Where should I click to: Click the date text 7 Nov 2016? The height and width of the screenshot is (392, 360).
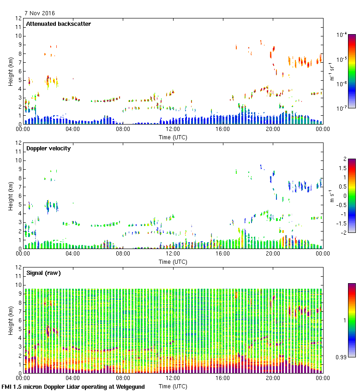pos(40,13)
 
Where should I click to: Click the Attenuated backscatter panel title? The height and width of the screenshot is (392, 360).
pos(58,24)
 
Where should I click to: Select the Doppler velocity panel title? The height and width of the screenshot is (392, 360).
pos(48,148)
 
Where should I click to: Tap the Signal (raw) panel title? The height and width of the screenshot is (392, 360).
pos(43,273)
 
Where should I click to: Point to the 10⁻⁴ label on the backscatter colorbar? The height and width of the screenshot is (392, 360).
pos(342,35)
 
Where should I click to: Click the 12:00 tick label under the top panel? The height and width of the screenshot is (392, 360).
pos(173,130)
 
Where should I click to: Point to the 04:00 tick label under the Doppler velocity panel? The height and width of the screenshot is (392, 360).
pos(73,254)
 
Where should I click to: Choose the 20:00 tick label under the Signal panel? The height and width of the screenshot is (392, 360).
pos(273,379)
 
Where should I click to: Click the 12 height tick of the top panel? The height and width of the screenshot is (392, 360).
pos(19,18)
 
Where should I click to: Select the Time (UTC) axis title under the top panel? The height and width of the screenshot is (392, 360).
pos(173,137)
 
